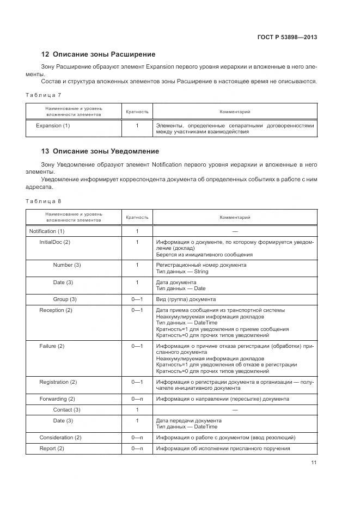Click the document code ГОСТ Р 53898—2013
click(286, 37)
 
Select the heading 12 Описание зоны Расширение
click(98, 54)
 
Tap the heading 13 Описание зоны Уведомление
click(100, 151)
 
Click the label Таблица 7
click(44, 95)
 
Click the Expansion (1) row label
click(53, 126)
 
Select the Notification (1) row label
click(46, 231)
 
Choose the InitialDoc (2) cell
click(55, 242)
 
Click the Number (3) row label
click(66, 265)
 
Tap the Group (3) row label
click(65, 299)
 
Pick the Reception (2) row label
click(56, 310)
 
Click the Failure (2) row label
click(52, 346)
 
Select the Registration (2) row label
click(58, 382)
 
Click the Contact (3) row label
click(66, 409)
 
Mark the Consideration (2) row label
click(60, 438)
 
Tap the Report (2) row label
click(52, 449)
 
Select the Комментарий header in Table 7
click(235, 112)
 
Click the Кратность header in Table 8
click(137, 217)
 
